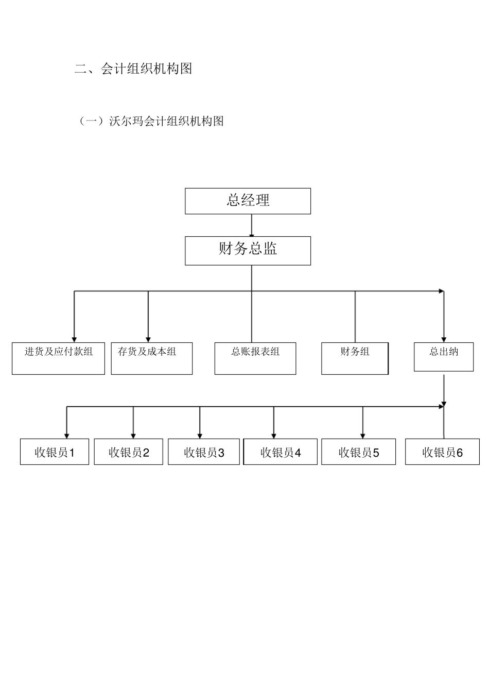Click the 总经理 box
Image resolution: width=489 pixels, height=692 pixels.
tap(248, 201)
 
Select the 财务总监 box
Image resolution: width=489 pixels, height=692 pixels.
tap(248, 251)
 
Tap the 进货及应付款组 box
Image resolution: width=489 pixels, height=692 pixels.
tap(58, 358)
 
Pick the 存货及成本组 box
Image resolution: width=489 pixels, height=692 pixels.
tap(151, 358)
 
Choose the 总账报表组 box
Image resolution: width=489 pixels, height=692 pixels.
tap(255, 358)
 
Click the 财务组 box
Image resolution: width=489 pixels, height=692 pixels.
tap(355, 358)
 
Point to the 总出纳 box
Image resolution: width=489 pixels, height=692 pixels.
tap(443, 356)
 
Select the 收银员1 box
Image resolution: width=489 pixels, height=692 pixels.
tap(55, 452)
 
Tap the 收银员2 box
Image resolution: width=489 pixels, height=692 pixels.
tap(128, 452)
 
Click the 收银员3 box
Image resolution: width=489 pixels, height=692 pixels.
tap(204, 452)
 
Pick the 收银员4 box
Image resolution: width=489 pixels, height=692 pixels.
tap(280, 452)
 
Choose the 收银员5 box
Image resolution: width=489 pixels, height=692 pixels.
tap(358, 452)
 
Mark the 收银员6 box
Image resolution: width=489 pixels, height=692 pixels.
tap(442, 452)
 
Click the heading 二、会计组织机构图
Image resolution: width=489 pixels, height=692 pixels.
tap(133, 68)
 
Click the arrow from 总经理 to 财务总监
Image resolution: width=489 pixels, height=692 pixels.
tap(252, 225)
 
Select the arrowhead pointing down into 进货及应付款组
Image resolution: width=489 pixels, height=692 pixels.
tap(74, 339)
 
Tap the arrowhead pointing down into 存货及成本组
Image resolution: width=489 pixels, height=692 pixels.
tap(148, 339)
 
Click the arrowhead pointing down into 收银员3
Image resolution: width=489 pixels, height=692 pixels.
tap(200, 436)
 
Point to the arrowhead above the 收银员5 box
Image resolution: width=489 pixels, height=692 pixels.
tap(363, 436)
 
